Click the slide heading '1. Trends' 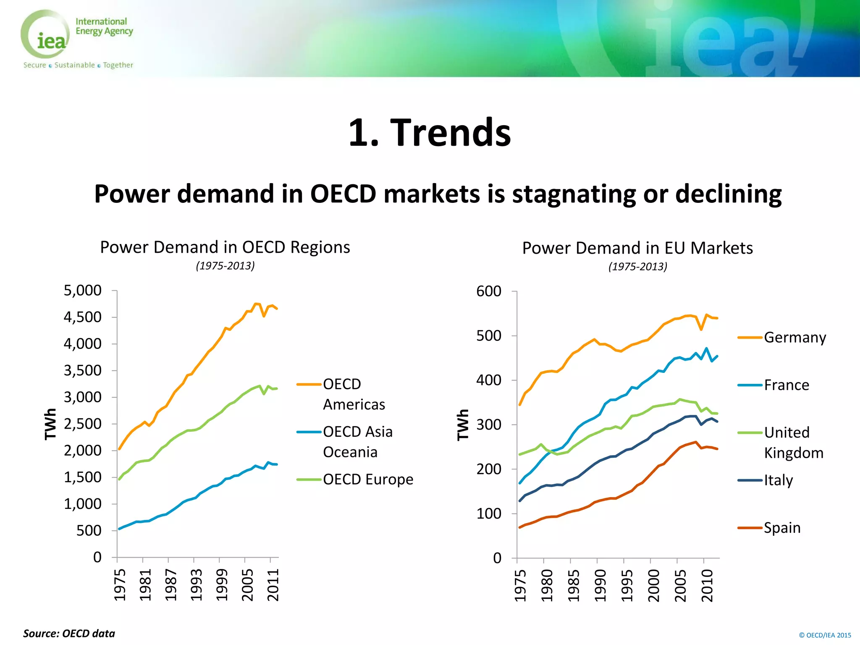(x=430, y=132)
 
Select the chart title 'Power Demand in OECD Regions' (x=225, y=247)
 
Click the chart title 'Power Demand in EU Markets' (x=637, y=248)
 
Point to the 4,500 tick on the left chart (x=82, y=317)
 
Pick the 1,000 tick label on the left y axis (x=82, y=503)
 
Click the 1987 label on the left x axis (x=170, y=585)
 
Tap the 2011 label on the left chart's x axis (x=273, y=585)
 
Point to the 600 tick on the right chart (x=489, y=291)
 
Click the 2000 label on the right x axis (x=653, y=585)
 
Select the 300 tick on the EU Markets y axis (x=489, y=425)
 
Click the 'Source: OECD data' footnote (x=69, y=633)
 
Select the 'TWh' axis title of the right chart (x=462, y=425)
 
